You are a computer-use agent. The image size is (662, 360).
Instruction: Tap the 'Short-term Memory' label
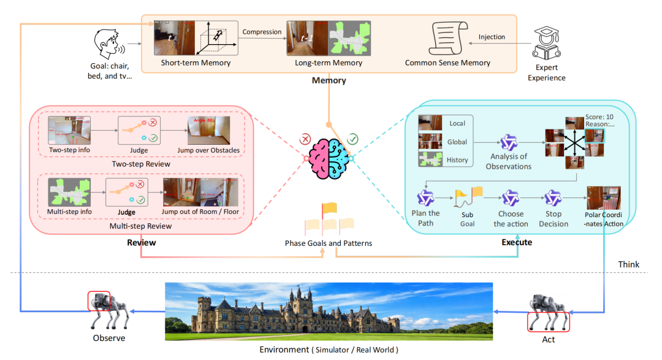(x=196, y=63)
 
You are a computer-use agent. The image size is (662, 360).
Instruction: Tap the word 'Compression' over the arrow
(x=262, y=32)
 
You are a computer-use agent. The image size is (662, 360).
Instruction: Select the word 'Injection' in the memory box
(x=492, y=37)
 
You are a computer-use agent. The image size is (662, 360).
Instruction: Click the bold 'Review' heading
(x=141, y=242)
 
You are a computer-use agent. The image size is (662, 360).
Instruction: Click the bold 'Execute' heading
(x=518, y=242)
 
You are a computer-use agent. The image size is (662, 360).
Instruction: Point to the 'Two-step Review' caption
(x=141, y=164)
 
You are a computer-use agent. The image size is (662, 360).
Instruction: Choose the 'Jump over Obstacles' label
(x=209, y=151)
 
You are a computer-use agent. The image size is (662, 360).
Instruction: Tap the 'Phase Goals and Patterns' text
(x=329, y=243)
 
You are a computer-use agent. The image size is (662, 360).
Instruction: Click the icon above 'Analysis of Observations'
(x=509, y=143)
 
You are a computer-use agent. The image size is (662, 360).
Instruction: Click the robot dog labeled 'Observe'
(x=108, y=310)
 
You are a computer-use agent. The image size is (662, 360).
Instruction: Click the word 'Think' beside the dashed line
(x=628, y=264)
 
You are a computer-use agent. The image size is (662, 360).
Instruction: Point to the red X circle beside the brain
(x=306, y=140)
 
